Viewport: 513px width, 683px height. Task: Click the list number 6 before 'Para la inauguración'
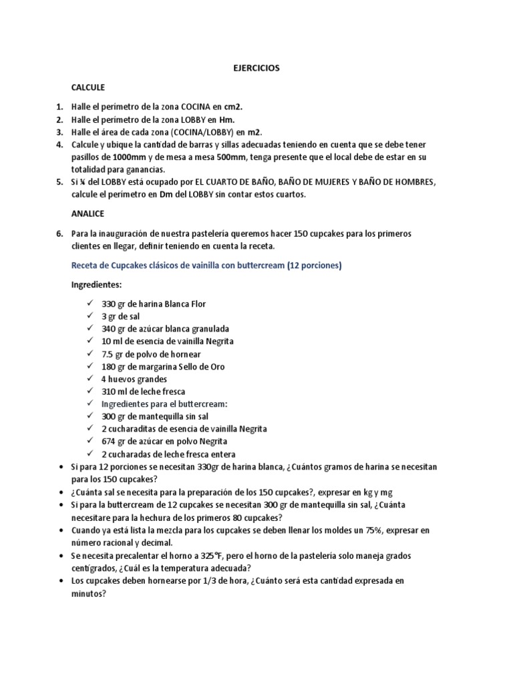point(59,233)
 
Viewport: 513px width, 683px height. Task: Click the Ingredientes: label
point(98,285)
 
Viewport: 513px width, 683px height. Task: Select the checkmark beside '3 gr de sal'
point(90,316)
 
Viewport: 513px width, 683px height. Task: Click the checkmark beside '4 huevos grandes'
point(90,379)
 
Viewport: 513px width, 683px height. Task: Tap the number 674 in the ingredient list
point(109,442)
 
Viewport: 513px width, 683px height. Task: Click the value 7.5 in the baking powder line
point(108,354)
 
